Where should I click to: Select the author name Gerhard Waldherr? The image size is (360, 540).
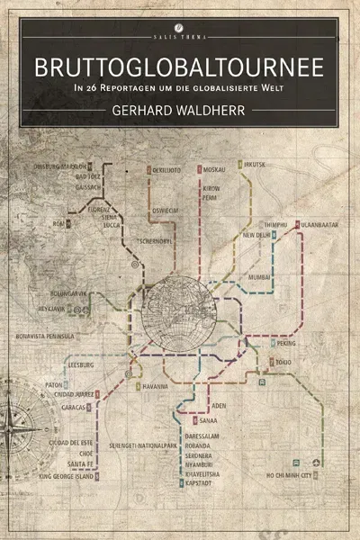pyautogui.click(x=180, y=111)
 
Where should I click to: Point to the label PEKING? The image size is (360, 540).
pyautogui.click(x=286, y=343)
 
